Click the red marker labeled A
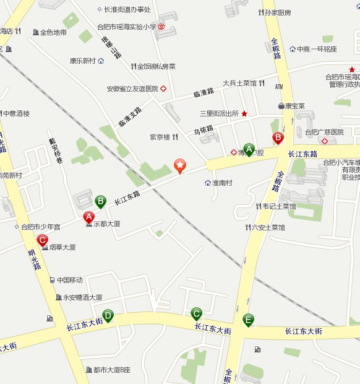[x=88, y=217]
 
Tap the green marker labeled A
[x=249, y=149]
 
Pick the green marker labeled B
[x=100, y=201]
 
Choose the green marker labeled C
[x=196, y=313]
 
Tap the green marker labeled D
[x=108, y=316]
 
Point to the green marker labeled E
[x=248, y=320]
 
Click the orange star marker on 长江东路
[x=179, y=165]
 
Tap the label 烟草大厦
[x=62, y=247]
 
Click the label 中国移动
[x=69, y=280]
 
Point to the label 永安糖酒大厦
[x=82, y=297]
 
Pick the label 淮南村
[x=221, y=183]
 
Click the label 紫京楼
[x=160, y=137]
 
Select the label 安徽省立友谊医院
[x=132, y=89]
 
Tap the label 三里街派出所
[x=219, y=114]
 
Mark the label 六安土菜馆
[x=268, y=228]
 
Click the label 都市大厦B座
[x=111, y=370]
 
